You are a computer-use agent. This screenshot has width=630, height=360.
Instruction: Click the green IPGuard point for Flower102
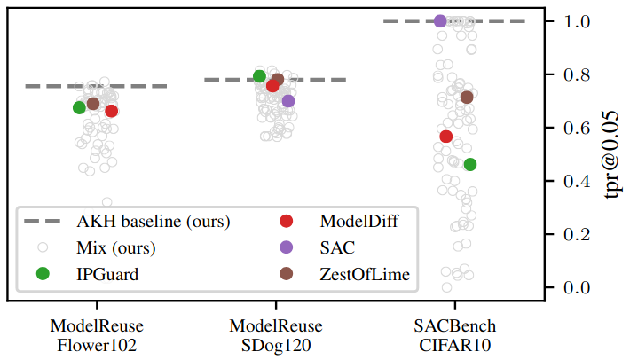pyautogui.click(x=79, y=107)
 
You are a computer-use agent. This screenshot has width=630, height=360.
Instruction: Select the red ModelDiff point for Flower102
pyautogui.click(x=111, y=111)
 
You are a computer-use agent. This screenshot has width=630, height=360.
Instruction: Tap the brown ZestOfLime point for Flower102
pyautogui.click(x=93, y=104)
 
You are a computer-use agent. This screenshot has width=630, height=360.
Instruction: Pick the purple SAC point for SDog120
pyautogui.click(x=288, y=101)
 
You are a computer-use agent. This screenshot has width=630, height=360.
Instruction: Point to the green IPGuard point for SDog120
pyautogui.click(x=260, y=76)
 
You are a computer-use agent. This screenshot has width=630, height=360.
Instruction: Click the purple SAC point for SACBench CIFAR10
pyautogui.click(x=440, y=21)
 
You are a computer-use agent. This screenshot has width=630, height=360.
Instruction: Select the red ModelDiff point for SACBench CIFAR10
pyautogui.click(x=446, y=137)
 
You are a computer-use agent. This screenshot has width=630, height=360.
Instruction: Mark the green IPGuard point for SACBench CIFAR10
pyautogui.click(x=470, y=164)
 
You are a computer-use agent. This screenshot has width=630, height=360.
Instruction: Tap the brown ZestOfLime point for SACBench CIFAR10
pyautogui.click(x=467, y=98)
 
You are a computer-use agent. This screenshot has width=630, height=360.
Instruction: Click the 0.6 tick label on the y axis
pyautogui.click(x=577, y=128)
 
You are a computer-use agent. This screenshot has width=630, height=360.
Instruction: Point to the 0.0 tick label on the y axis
pyautogui.click(x=577, y=288)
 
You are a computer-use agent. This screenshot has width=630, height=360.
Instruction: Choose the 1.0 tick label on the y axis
pyautogui.click(x=577, y=21)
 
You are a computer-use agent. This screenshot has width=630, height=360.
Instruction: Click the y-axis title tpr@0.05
pyautogui.click(x=611, y=154)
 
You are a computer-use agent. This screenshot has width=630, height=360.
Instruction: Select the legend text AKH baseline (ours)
pyautogui.click(x=154, y=221)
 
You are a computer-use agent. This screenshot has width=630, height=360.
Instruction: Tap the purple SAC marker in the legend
pyautogui.click(x=286, y=247)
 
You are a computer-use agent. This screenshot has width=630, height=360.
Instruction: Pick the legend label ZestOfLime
pyautogui.click(x=365, y=275)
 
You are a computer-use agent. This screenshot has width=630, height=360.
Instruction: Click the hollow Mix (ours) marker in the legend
pyautogui.click(x=43, y=247)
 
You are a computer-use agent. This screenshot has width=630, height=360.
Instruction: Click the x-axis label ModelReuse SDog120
pyautogui.click(x=276, y=335)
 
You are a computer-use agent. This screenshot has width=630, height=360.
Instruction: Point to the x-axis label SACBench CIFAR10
pyautogui.click(x=455, y=335)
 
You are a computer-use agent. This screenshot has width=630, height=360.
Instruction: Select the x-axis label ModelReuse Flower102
pyautogui.click(x=97, y=335)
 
